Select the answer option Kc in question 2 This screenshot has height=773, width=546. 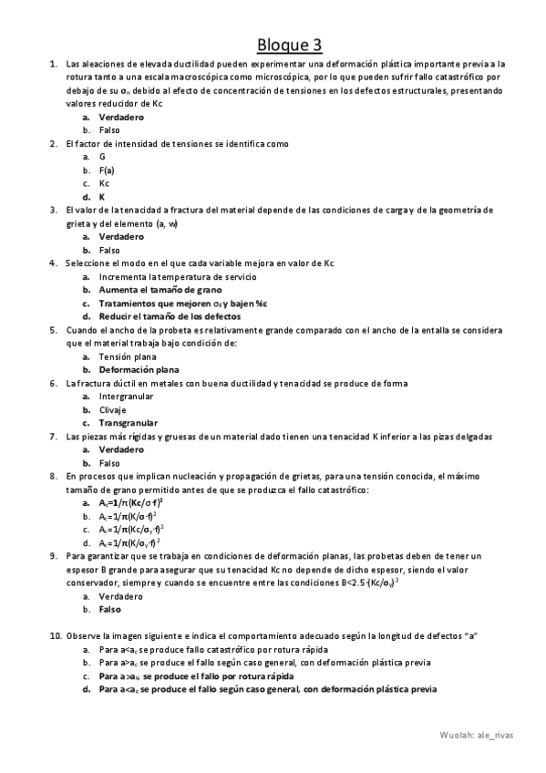(104, 182)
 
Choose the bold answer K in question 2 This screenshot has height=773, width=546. (102, 196)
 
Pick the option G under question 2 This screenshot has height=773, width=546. (102, 156)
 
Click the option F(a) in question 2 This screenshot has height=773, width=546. (106, 170)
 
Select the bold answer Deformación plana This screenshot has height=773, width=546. (139, 370)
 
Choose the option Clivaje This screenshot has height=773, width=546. (113, 409)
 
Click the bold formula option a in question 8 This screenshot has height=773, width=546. (130, 502)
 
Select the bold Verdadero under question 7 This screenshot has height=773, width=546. (120, 449)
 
